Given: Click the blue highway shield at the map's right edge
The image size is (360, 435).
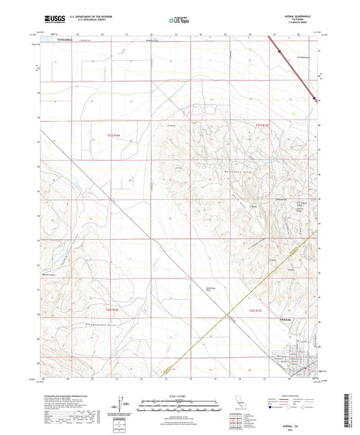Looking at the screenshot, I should coord(315,100).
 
